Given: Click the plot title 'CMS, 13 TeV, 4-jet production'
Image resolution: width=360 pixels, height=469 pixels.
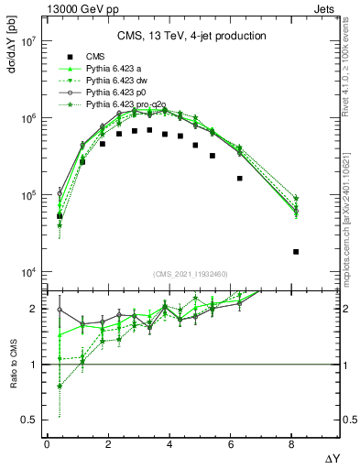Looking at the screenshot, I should coord(191,37).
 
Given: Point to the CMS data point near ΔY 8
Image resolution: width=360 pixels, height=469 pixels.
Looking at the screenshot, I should coord(296,251).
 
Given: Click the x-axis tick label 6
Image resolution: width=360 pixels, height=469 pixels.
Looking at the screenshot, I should coord(232,444).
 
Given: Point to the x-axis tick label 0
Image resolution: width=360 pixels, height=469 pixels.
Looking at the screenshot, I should coord(47,444).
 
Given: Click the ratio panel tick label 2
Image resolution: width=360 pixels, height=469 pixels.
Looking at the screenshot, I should coord(33,309).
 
